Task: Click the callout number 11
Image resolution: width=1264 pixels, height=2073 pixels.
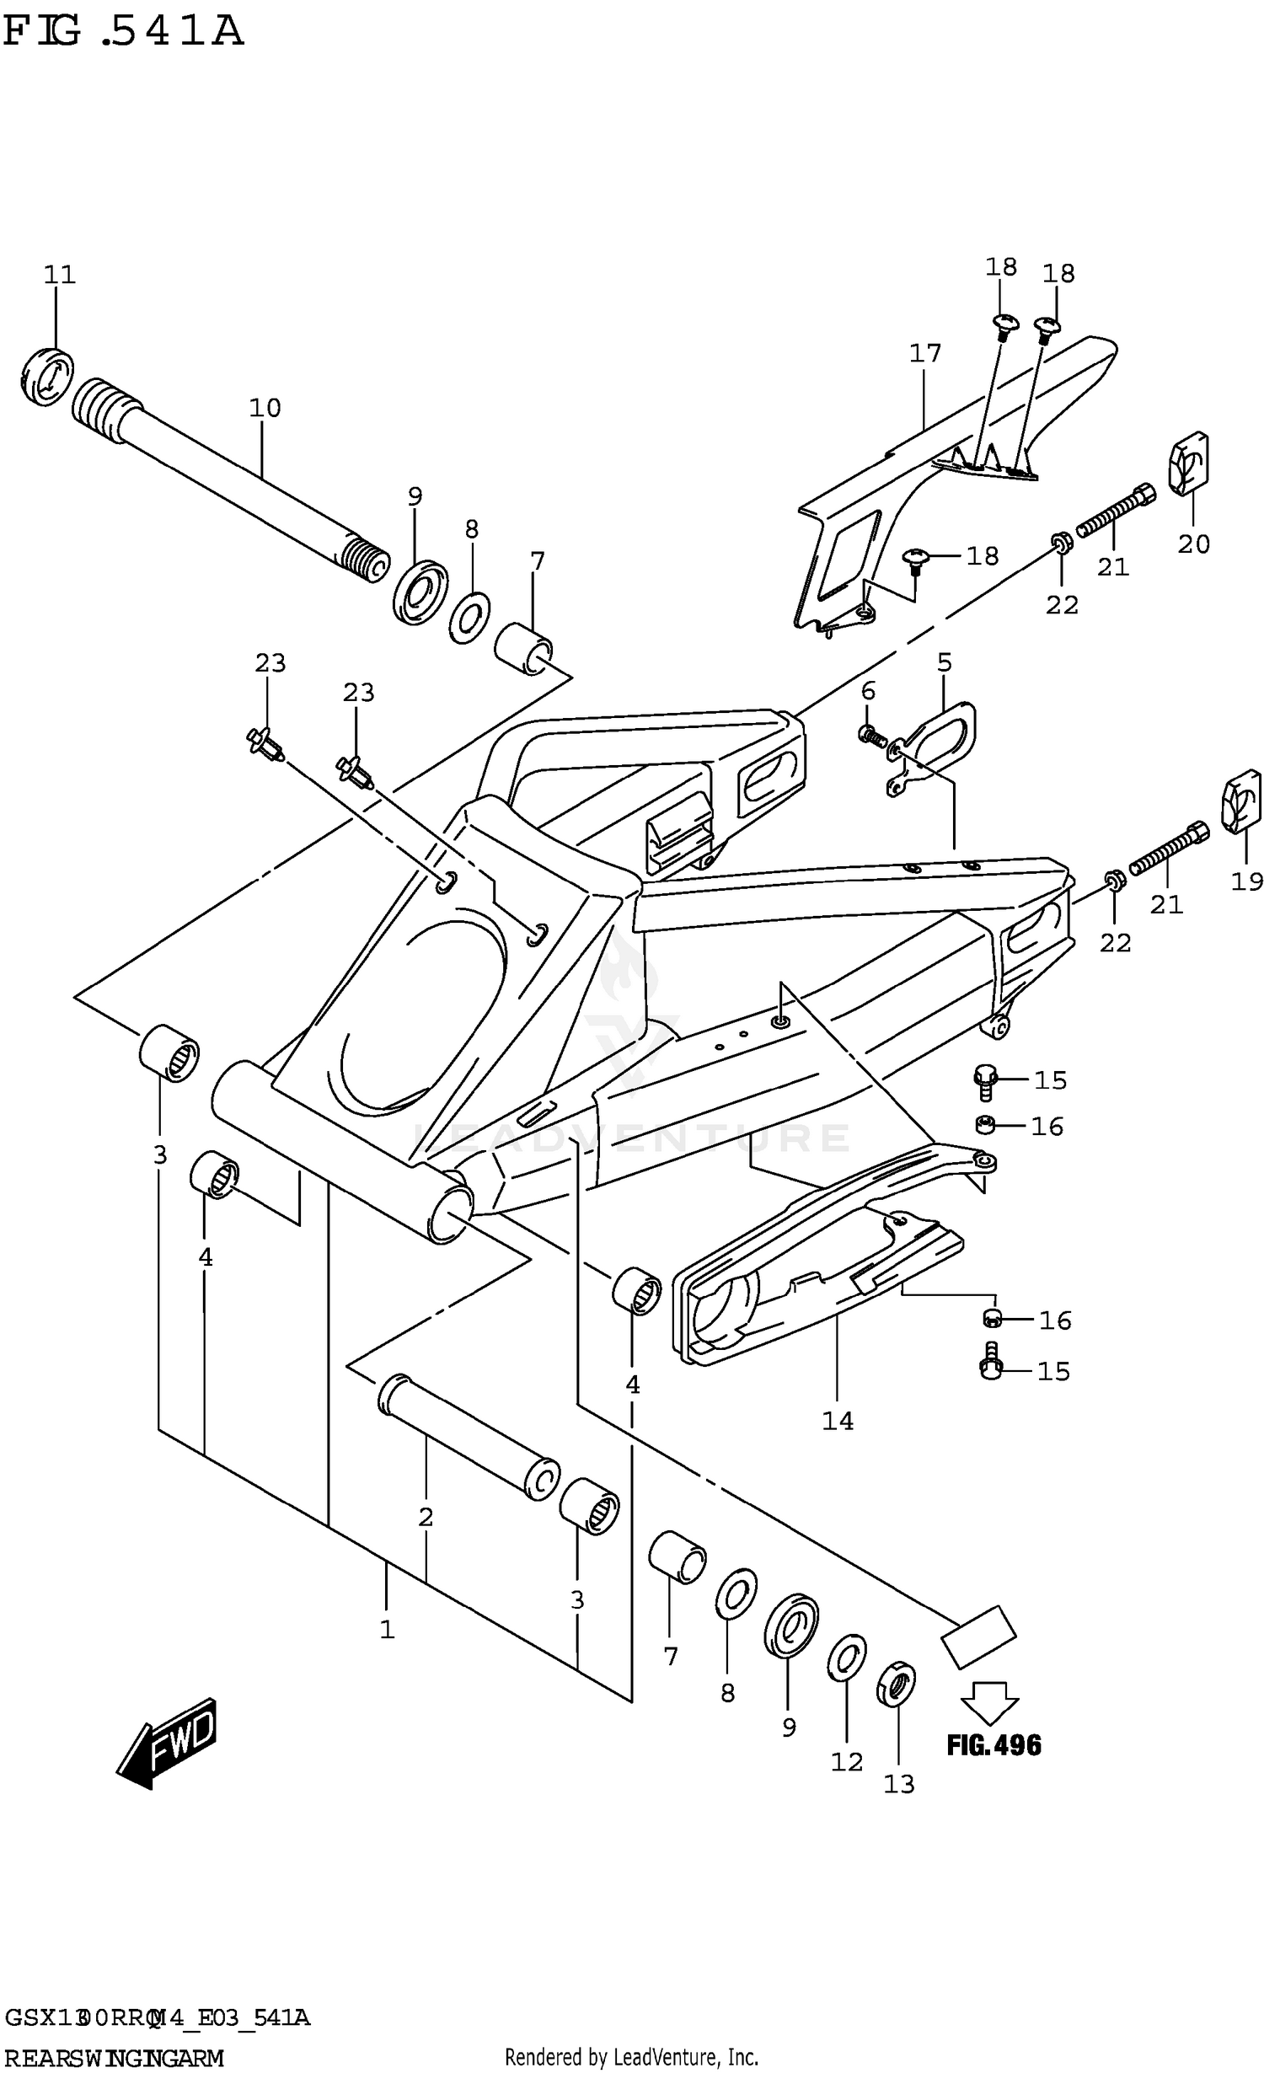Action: coord(59,275)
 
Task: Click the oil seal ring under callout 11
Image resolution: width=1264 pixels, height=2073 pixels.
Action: coord(47,375)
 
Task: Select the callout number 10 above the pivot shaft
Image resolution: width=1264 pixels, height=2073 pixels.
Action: coord(264,408)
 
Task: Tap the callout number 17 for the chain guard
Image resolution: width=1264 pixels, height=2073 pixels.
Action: coord(924,353)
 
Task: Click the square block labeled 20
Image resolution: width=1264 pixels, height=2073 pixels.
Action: coord(1188,463)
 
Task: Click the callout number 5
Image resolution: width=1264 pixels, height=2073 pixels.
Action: coord(944,662)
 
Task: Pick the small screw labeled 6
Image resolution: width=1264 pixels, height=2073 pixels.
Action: coord(871,736)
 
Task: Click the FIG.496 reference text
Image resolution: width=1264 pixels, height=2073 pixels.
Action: coord(994,1744)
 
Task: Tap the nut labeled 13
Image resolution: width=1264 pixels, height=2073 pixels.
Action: coord(897,1683)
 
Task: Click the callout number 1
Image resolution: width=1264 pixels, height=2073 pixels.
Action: coord(387,1629)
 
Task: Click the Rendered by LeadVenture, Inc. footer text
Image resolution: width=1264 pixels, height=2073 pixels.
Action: coord(631,2050)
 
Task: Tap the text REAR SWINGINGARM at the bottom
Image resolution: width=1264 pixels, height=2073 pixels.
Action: coord(114,2052)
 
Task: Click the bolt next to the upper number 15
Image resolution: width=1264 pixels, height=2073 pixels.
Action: coord(984,1081)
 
